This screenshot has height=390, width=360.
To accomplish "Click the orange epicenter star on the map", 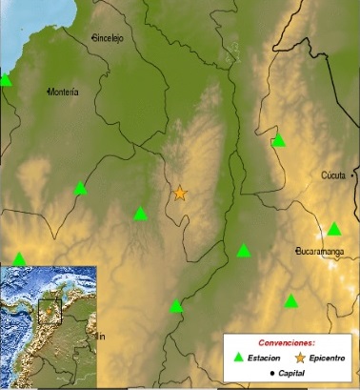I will click(x=180, y=194).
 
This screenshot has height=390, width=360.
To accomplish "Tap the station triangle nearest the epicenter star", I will click(x=141, y=214).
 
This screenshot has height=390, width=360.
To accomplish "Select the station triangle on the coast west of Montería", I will click(x=6, y=80).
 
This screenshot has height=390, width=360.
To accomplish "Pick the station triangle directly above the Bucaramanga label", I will click(x=334, y=229).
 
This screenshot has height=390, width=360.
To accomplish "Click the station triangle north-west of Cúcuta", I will click(x=279, y=141).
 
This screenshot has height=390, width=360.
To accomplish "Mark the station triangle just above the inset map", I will click(x=20, y=258).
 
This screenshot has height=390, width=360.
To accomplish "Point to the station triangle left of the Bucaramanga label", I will click(x=244, y=251).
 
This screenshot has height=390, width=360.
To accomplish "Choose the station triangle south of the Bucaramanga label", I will click(x=291, y=301).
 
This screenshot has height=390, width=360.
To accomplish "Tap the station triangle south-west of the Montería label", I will click(x=81, y=188).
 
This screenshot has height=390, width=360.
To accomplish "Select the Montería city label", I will click(x=62, y=92).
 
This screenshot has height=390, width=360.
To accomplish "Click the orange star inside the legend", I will click(x=300, y=358).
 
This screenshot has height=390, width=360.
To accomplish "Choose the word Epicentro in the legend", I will click(x=327, y=358).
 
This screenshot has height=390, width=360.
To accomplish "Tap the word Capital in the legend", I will click(x=287, y=374).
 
